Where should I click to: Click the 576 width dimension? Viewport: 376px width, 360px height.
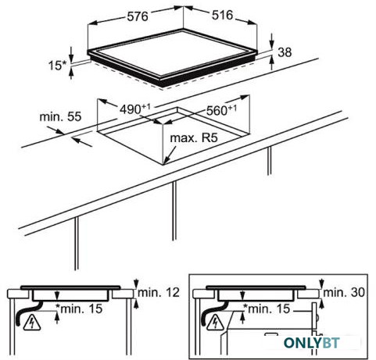138,16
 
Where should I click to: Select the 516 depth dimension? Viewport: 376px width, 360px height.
222,15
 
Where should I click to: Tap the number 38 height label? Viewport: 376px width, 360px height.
285,52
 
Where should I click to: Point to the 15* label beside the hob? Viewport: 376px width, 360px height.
58,65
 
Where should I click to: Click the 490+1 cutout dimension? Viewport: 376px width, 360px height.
135,109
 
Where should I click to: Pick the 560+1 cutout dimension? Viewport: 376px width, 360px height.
221,110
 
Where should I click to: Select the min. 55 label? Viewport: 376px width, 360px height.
60,117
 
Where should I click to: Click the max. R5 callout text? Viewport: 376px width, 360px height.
194,137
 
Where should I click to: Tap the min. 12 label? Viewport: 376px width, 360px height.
159,293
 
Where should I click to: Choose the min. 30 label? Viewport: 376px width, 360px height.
344,293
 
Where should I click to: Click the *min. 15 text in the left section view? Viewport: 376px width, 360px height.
80,308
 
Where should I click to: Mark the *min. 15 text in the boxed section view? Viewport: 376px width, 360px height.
267,308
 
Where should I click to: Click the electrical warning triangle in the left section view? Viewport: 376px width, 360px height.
32,323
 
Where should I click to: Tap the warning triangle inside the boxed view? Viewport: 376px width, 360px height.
215,323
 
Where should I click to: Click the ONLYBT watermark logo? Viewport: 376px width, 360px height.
312,343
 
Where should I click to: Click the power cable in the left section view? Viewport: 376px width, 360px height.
24,313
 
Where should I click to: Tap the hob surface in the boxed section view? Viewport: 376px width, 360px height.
256,287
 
